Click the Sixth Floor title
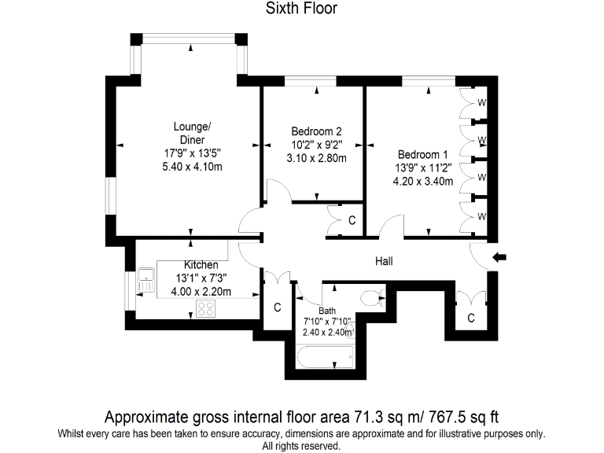pos(301,9)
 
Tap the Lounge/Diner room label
pos(192,133)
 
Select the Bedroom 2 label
pos(315,131)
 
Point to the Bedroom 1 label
pos(422,154)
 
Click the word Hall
pos(384,262)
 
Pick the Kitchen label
pos(201,265)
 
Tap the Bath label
pos(327,310)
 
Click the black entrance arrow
pos(499,257)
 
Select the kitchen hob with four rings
pos(206,309)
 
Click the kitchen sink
pos(145,276)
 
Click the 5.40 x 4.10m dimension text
pos(192,167)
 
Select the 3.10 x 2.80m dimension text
pos(315,158)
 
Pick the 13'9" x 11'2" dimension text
pos(423,168)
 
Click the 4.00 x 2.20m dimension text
pos(201,292)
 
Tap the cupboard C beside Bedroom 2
pos(352,221)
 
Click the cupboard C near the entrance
pos(470,318)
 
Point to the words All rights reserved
pos(301,445)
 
